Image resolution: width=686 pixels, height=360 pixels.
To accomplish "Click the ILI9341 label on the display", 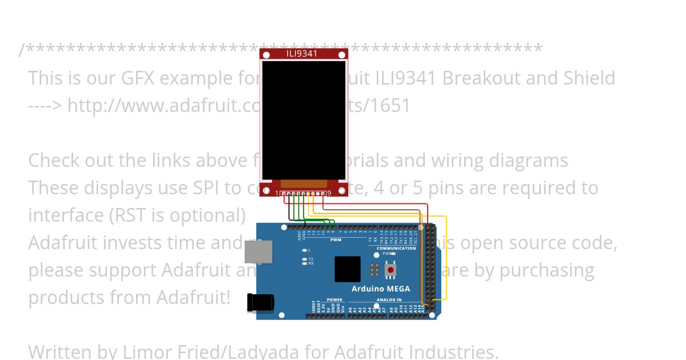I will pos(302,54).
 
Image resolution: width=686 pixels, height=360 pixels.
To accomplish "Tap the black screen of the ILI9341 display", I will pos(304,120).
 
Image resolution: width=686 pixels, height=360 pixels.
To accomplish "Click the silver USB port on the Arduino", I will pos(258,252).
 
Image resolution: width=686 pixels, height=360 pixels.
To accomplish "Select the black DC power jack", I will pos(260,303).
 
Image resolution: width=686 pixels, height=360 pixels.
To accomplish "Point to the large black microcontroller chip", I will pos(348,269).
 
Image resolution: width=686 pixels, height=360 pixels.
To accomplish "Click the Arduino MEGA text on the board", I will pos(381,289).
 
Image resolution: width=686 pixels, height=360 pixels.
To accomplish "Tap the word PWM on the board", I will pos(336,240).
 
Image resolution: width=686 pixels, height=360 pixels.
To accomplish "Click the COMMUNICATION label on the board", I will pos(396,248).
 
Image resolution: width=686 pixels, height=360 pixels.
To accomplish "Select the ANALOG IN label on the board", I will pos(389,299).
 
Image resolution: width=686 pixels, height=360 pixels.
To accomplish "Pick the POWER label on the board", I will pos(334,299).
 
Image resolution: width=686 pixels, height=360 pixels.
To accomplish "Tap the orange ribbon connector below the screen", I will pos(304,183).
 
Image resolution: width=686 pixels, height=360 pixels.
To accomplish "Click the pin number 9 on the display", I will pos(329,193).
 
